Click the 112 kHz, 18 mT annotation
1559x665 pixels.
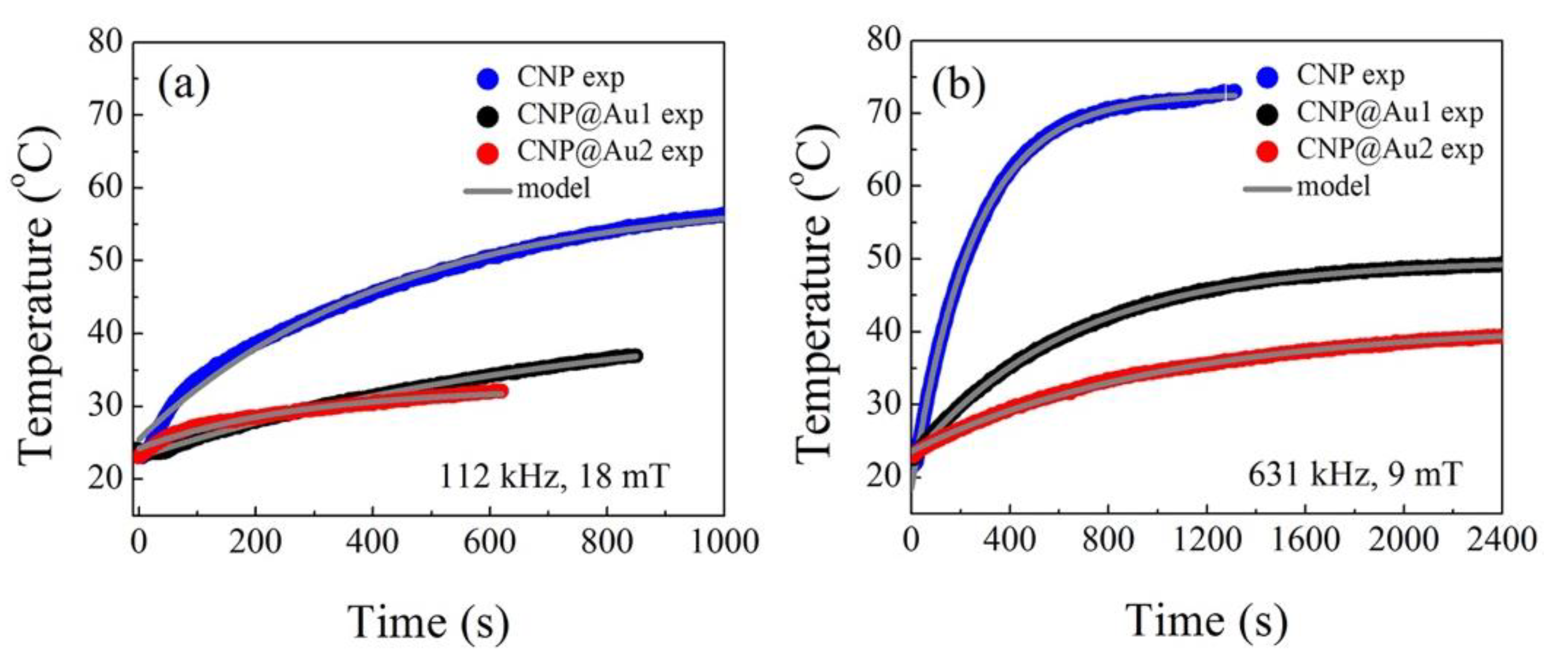[554, 477]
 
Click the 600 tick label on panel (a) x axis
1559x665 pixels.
[490, 542]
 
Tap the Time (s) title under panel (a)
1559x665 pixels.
[428, 623]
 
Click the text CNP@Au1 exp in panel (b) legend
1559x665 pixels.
[1390, 113]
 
